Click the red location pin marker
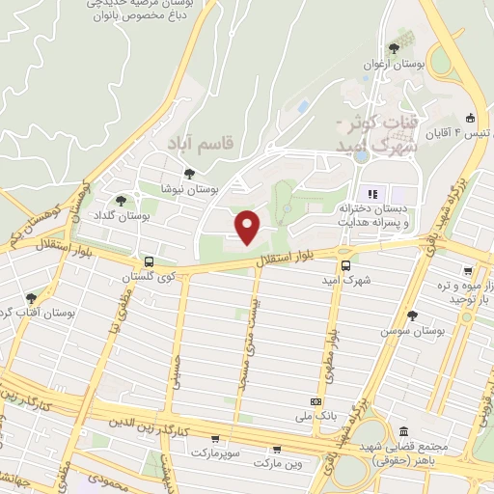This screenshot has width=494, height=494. pos(248,226)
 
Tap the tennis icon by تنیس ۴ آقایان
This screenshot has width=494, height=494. pos(470,117)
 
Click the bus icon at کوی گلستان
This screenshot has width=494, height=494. pos(149,261)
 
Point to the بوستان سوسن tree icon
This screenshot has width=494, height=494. pos(413,316)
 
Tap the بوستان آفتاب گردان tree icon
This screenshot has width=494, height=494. pos(31,299)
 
